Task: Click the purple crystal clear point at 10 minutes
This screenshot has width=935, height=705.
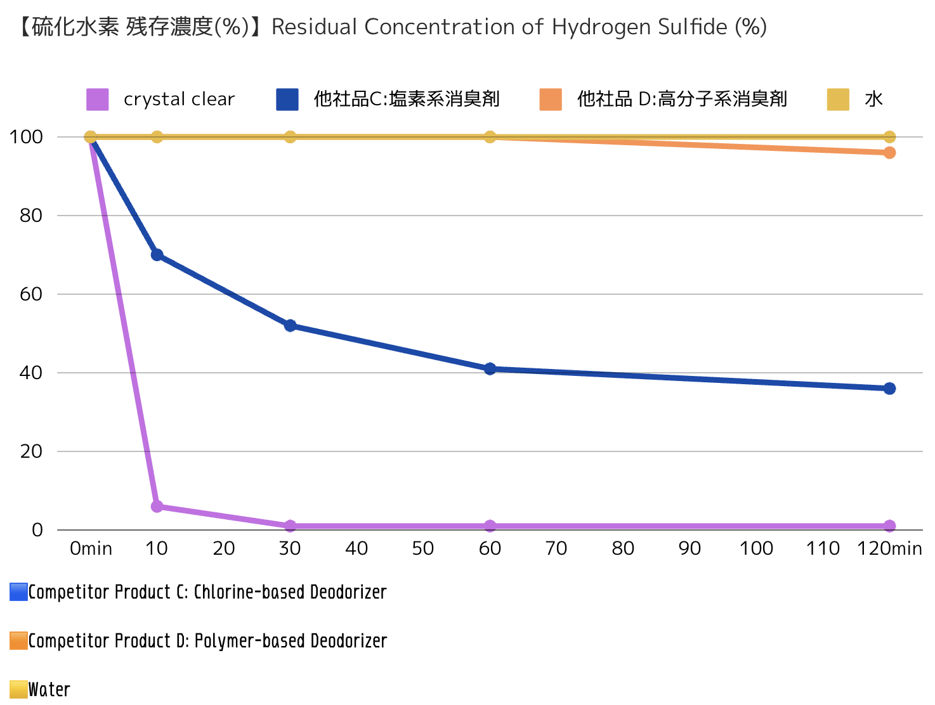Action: (x=157, y=506)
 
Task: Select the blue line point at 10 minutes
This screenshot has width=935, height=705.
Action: (x=157, y=255)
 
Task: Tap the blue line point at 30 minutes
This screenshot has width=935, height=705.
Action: (x=290, y=326)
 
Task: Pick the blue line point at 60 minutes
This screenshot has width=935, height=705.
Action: (x=490, y=369)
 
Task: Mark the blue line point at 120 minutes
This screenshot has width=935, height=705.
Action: (x=889, y=388)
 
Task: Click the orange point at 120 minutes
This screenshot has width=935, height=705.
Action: (x=889, y=152)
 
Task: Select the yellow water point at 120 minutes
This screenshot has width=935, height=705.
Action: (x=889, y=137)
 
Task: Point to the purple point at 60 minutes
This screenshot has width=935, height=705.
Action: (x=490, y=526)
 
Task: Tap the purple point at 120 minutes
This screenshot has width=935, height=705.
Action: (x=889, y=526)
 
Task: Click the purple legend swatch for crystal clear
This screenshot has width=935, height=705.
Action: (x=98, y=100)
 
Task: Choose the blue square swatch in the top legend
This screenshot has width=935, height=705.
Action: (x=287, y=100)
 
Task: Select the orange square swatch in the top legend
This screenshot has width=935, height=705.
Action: (x=551, y=100)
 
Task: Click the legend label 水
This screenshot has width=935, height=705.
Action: (x=873, y=100)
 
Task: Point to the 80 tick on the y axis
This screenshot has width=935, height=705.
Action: (x=30, y=216)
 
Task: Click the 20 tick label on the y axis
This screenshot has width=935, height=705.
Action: (x=30, y=451)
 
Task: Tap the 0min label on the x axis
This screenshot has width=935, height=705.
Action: (x=91, y=548)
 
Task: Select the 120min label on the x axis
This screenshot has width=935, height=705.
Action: (x=889, y=548)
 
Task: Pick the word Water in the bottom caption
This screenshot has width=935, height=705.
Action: (x=49, y=689)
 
